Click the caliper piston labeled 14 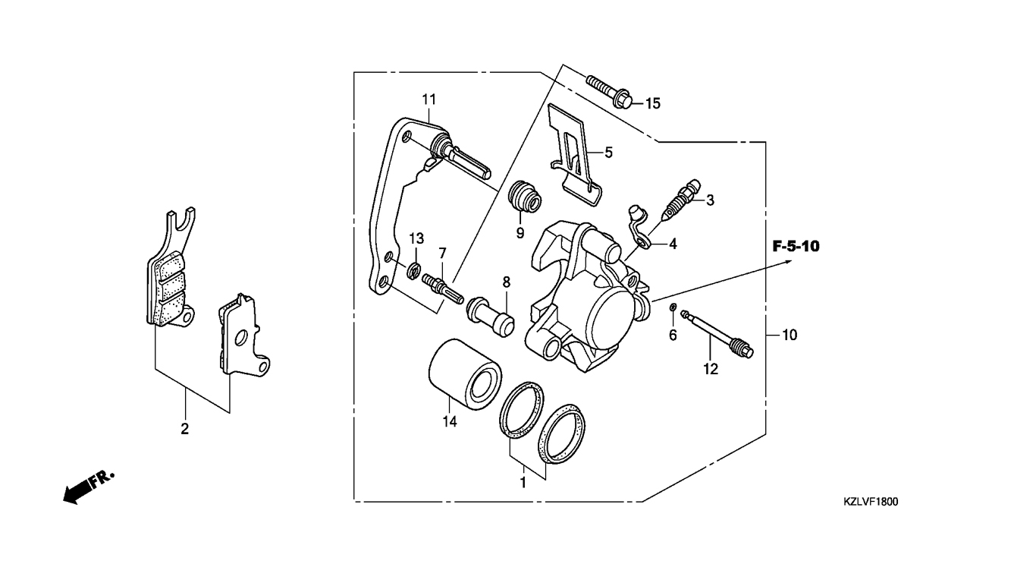(464, 375)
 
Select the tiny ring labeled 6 (673, 307)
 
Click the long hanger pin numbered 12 (717, 334)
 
